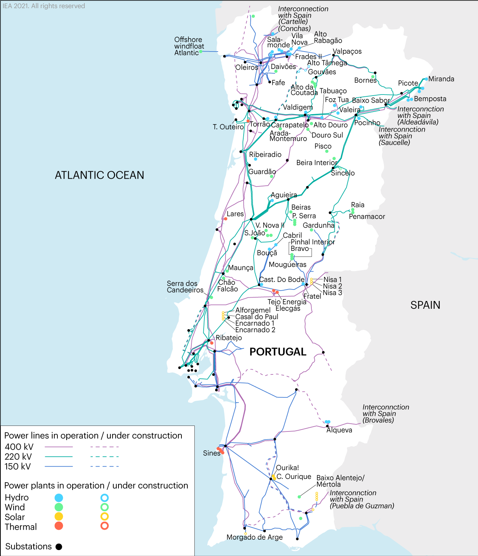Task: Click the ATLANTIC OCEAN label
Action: click(99, 175)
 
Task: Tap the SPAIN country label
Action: click(425, 305)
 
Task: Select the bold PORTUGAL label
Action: click(278, 352)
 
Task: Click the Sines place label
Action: click(211, 453)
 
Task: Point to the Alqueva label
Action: click(339, 430)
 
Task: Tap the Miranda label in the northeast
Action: click(441, 79)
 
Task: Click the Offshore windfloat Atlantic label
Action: click(189, 46)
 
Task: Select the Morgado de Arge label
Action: click(254, 537)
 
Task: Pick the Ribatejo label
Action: click(229, 338)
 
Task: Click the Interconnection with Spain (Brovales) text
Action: click(385, 414)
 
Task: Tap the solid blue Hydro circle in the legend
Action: click(59, 498)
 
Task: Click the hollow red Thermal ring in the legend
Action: click(105, 526)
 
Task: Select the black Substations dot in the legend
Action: click(59, 547)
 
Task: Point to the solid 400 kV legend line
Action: click(59, 447)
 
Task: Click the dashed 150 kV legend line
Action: click(104, 466)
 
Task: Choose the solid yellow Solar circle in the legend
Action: click(59, 516)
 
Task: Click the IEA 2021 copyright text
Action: click(44, 6)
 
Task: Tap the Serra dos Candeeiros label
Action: click(185, 287)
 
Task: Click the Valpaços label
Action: click(347, 51)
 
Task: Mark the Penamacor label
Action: click(367, 216)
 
